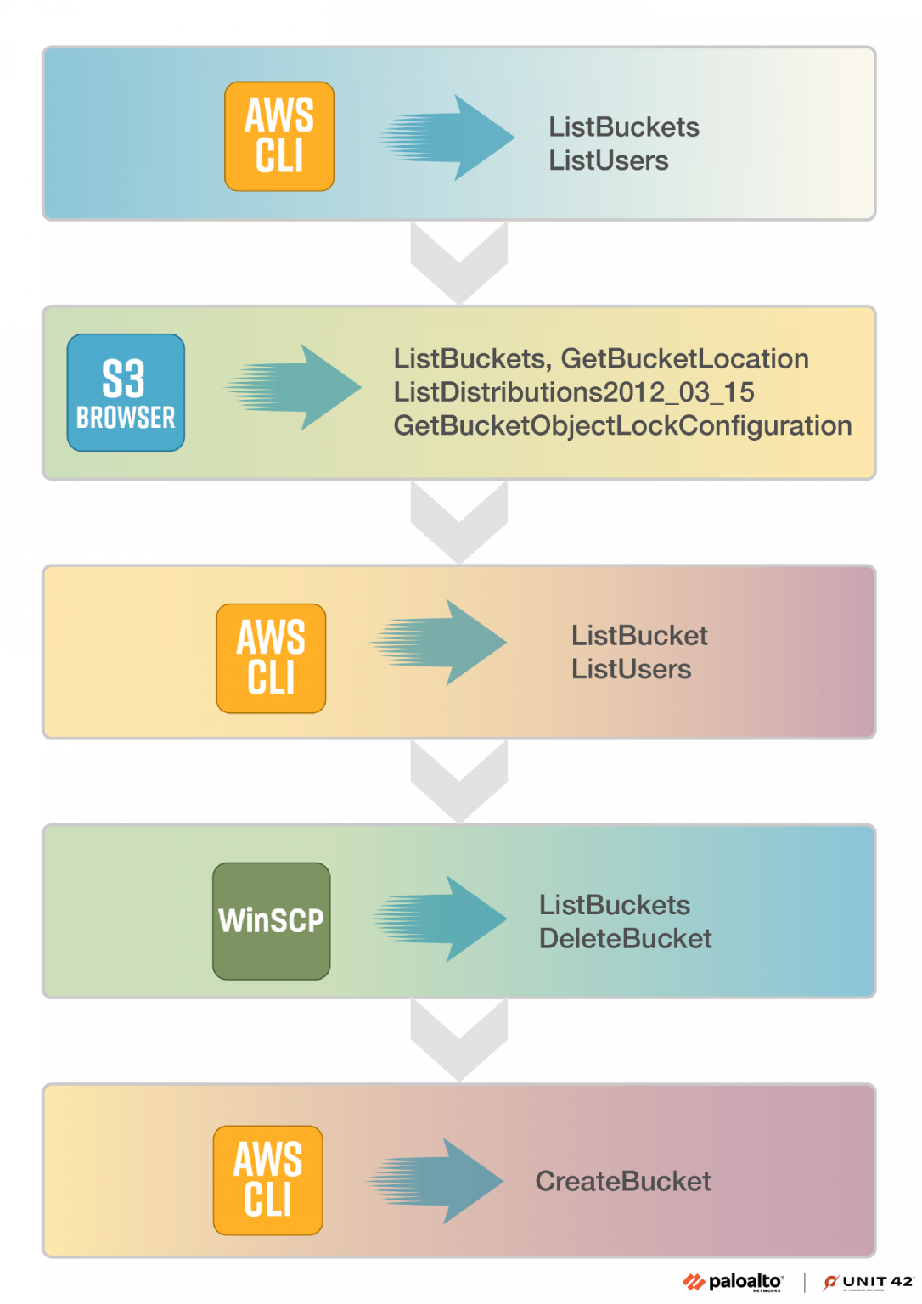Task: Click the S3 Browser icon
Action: click(126, 392)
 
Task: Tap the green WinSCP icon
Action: click(271, 921)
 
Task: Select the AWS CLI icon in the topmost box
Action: click(279, 137)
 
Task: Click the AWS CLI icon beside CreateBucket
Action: click(267, 1180)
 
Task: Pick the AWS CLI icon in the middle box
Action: click(271, 658)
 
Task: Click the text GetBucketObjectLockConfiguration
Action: click(621, 425)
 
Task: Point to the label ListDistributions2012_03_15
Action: click(574, 392)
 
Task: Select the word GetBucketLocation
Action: click(684, 358)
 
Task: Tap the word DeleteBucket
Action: click(625, 938)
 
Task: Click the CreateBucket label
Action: click(622, 1181)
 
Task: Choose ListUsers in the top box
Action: click(608, 160)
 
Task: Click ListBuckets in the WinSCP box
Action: click(614, 905)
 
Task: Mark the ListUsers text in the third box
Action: click(631, 669)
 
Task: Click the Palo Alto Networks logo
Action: click(734, 1282)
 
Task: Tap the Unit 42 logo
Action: click(868, 1282)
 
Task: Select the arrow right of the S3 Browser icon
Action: click(293, 387)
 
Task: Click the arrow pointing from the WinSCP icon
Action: click(439, 919)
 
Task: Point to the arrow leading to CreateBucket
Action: click(436, 1181)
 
